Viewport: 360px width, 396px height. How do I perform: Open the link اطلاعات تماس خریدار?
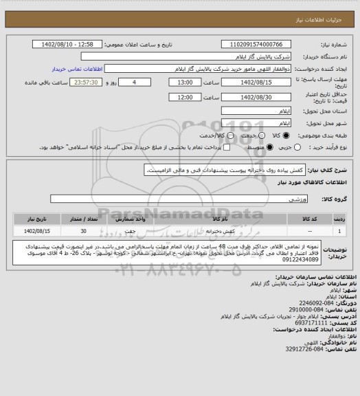tap(77, 69)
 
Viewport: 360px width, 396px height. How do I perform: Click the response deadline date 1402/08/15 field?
tap(257, 82)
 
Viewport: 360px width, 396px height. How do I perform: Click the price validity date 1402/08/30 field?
tap(257, 98)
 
